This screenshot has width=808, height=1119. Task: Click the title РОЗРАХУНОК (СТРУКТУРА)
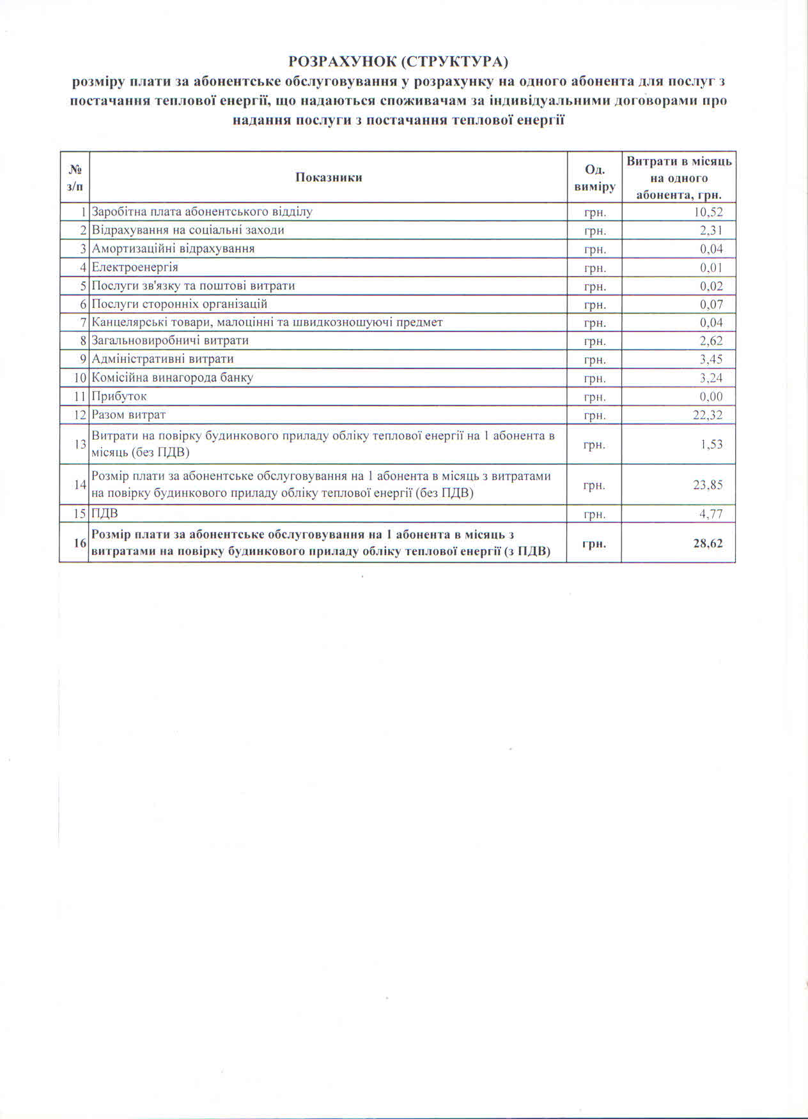point(398,61)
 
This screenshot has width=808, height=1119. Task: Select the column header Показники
point(329,178)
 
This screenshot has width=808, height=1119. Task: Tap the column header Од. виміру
point(594,178)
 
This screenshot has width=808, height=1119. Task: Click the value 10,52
point(708,212)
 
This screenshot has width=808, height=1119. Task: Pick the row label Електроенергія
point(135,267)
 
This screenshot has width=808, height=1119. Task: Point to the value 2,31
point(711,231)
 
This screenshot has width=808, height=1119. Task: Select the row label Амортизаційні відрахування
point(173,248)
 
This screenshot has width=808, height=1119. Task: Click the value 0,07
point(711,304)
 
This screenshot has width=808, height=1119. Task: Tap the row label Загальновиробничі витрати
point(170,340)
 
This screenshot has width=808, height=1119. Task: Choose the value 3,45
point(711,359)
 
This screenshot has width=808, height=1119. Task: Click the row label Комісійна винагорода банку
point(173,377)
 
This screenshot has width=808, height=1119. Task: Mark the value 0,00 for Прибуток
point(711,396)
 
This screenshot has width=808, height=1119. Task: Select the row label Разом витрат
point(128,415)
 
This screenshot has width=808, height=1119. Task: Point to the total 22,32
point(708,415)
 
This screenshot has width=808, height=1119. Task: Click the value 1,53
point(711,444)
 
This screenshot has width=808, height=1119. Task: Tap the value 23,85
point(708,485)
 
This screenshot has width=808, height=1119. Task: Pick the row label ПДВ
point(105,514)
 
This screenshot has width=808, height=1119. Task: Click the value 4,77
point(711,514)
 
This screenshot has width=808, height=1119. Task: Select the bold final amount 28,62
point(708,544)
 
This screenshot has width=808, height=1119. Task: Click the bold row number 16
point(80,543)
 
